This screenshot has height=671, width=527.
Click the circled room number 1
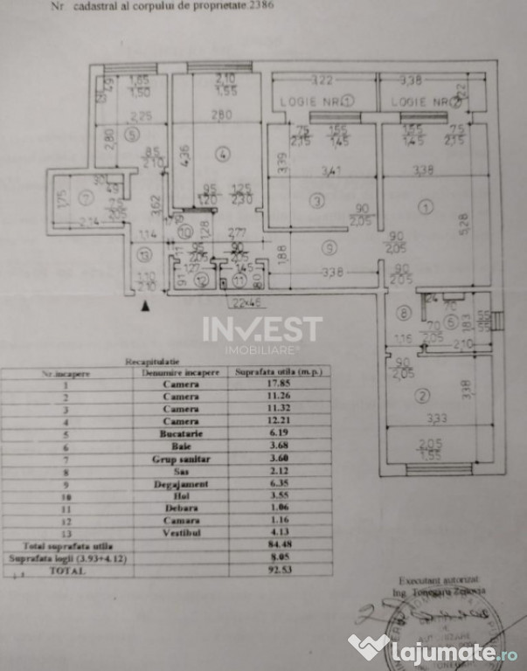425,207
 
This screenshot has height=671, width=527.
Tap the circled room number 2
423,397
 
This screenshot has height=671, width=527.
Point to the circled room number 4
224,155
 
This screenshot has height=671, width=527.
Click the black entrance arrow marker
146,306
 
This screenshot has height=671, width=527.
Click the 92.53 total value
281,569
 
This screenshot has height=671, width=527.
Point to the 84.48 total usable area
281,543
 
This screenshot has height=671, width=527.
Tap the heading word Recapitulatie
149,359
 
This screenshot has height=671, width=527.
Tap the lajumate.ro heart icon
369,647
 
